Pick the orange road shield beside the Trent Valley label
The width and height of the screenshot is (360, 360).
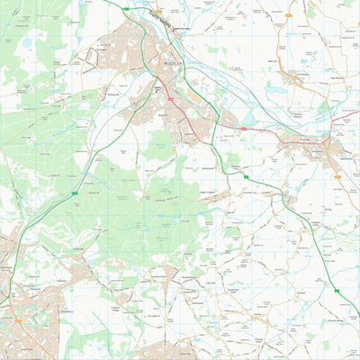click(158, 12)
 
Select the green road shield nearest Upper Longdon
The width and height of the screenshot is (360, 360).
click(245, 177)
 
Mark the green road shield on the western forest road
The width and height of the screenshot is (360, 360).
click(74, 193)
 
